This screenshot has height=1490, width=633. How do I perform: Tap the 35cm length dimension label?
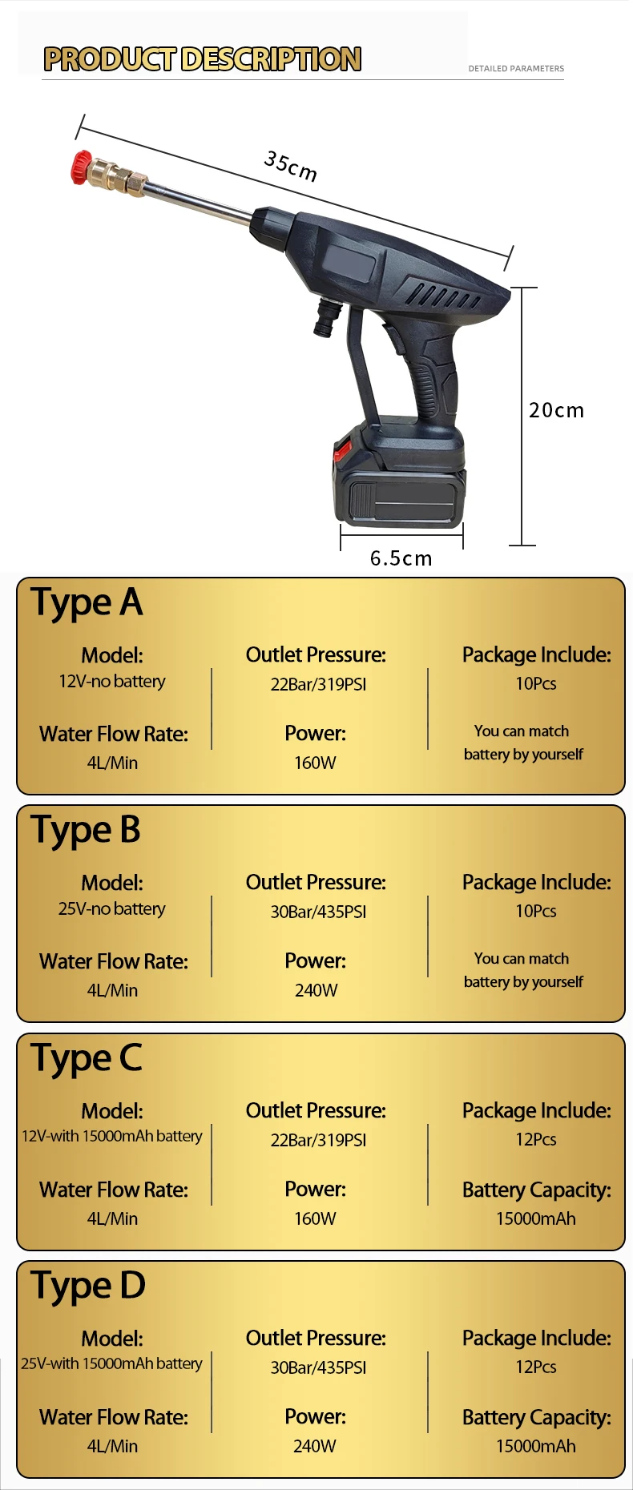click(290, 166)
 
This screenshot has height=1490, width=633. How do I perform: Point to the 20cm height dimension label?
click(556, 410)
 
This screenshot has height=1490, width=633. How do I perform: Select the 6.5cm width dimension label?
click(401, 558)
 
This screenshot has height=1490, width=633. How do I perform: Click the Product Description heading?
click(202, 59)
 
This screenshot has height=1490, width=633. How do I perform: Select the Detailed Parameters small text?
click(516, 69)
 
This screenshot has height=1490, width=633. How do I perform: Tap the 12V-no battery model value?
click(112, 682)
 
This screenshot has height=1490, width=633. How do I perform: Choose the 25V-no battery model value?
click(112, 909)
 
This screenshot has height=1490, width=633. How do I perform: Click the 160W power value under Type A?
click(315, 763)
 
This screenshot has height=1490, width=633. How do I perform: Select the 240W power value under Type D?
click(315, 1446)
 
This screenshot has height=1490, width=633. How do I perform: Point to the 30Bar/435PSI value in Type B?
click(318, 912)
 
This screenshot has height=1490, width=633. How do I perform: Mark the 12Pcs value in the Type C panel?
click(535, 1139)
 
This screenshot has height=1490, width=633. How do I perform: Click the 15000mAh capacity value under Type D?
click(535, 1446)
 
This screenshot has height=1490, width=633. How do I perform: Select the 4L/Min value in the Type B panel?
click(112, 991)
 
